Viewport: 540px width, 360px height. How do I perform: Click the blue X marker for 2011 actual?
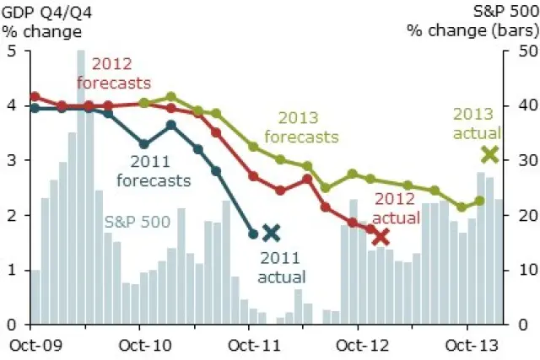tap(271, 233)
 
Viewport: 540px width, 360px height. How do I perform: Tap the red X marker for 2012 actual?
tap(381, 237)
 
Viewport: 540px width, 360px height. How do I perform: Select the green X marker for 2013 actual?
tap(489, 154)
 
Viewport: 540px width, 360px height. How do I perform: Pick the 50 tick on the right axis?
tap(516, 51)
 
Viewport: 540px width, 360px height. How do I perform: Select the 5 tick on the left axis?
tap(12, 51)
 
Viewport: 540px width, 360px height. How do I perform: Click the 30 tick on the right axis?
tap(516, 160)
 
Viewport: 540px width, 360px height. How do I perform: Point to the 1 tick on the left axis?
tap(12, 270)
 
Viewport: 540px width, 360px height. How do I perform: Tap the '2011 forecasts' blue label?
tap(159, 172)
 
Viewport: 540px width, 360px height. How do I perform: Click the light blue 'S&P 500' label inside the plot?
tap(138, 222)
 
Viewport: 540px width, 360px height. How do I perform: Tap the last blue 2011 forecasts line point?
tap(253, 234)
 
